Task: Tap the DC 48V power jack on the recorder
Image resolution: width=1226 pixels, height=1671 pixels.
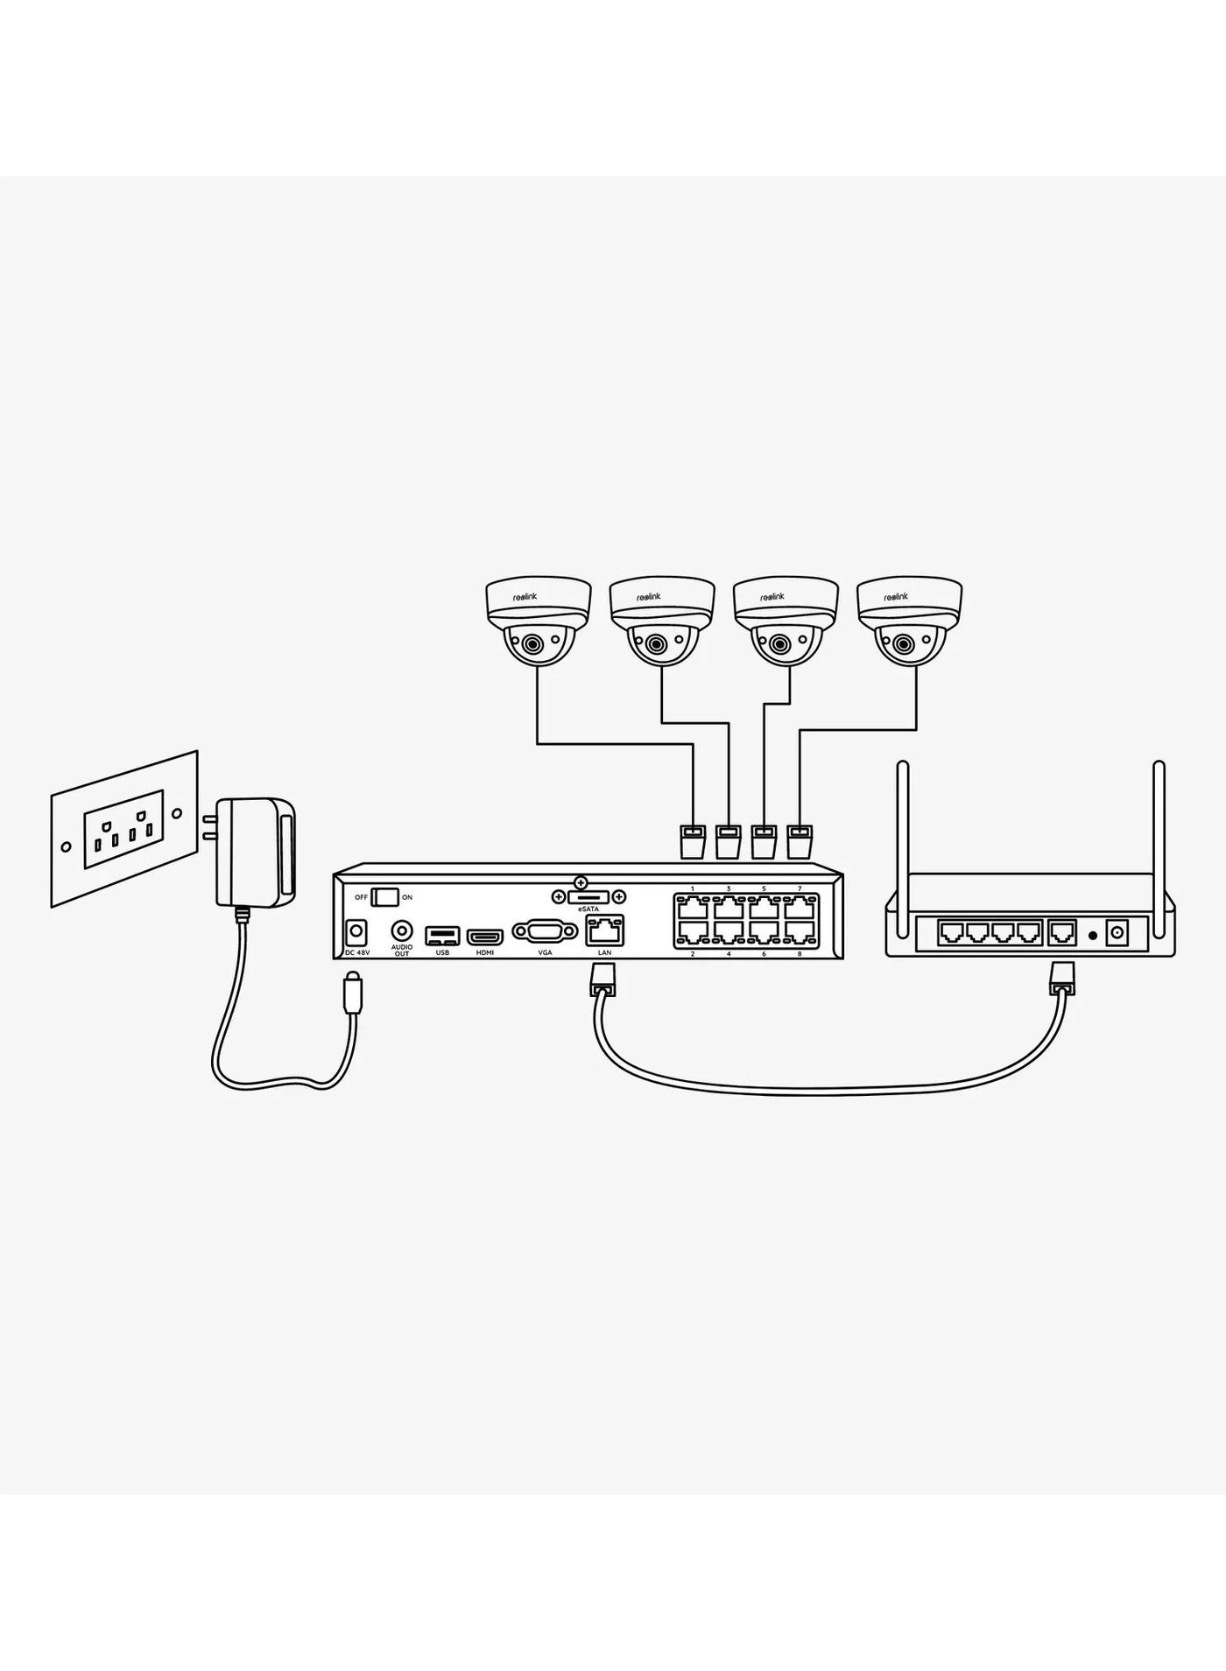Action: click(356, 930)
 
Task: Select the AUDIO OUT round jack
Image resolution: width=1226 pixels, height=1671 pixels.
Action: click(402, 930)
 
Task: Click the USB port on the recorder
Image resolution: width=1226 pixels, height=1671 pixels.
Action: click(441, 935)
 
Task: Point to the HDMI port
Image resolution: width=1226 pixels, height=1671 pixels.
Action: click(483, 935)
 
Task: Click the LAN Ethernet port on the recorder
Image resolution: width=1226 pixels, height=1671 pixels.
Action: click(605, 930)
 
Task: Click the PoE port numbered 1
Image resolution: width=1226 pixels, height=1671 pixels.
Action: click(693, 907)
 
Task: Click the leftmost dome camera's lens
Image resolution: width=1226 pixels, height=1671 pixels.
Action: click(532, 646)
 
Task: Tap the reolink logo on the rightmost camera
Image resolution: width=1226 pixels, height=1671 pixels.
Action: click(896, 596)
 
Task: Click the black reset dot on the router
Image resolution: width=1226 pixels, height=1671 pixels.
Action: click(1092, 933)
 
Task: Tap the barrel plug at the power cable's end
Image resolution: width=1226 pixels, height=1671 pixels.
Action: click(351, 993)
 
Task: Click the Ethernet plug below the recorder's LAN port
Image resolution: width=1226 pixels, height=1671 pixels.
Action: click(603, 981)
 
